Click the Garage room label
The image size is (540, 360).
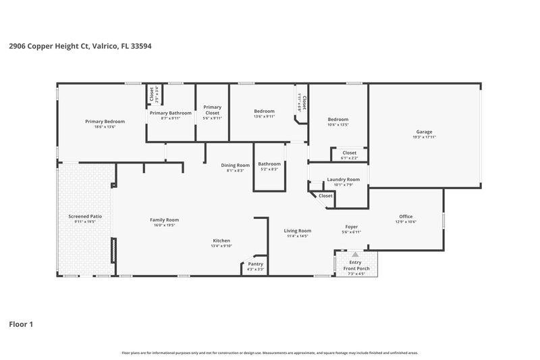pyautogui.click(x=424, y=132)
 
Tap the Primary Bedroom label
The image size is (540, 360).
pyautogui.click(x=105, y=122)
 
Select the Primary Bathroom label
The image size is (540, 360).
pyautogui.click(x=171, y=113)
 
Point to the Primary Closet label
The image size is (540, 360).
pyautogui.click(x=213, y=107)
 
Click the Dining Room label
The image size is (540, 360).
pyautogui.click(x=236, y=165)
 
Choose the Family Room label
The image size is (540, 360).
pyautogui.click(x=164, y=220)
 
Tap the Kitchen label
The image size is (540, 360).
pyautogui.click(x=221, y=240)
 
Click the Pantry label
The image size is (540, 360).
pyautogui.click(x=255, y=263)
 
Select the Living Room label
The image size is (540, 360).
pyautogui.click(x=297, y=230)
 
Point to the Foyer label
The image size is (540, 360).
pyautogui.click(x=351, y=227)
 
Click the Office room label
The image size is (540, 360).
pyautogui.click(x=407, y=217)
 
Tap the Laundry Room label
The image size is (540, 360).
pyautogui.click(x=343, y=180)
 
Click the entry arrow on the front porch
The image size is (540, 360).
pyautogui.click(x=355, y=255)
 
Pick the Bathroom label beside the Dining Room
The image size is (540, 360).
pyautogui.click(x=269, y=163)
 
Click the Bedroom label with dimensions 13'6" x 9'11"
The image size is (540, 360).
pyautogui.click(x=264, y=111)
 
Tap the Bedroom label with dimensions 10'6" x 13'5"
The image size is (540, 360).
pyautogui.click(x=337, y=120)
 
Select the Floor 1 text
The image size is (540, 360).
pyautogui.click(x=21, y=324)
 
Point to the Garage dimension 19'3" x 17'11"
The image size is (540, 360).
pyautogui.click(x=424, y=137)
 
